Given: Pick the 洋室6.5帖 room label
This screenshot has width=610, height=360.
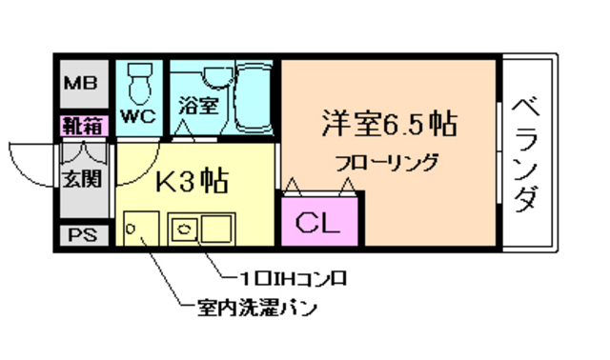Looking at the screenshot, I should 388,125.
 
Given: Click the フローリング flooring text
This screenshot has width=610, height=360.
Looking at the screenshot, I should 386,161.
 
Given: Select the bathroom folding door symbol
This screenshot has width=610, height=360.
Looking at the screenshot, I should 194,131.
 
